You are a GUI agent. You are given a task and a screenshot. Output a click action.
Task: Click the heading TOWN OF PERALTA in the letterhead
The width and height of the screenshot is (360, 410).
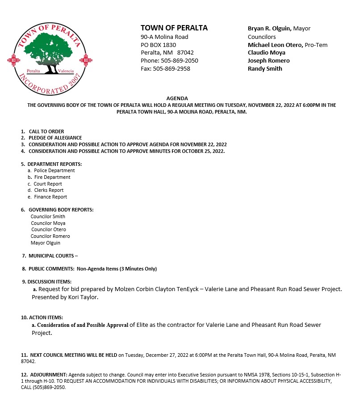click(x=174, y=28)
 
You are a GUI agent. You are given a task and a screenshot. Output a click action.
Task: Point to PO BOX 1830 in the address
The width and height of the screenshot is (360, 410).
click(x=158, y=45)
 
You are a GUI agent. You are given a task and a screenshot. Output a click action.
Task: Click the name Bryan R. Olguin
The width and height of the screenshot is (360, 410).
click(x=269, y=28)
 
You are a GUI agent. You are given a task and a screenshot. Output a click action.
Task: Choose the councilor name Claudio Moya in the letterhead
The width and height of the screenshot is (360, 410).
click(x=266, y=52)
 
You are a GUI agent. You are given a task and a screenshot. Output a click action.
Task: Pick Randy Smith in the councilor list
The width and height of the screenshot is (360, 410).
click(x=265, y=68)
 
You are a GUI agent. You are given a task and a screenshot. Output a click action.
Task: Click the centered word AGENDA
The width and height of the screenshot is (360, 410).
click(x=177, y=98)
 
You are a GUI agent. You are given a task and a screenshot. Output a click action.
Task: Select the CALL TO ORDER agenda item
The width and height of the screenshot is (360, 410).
click(x=46, y=131)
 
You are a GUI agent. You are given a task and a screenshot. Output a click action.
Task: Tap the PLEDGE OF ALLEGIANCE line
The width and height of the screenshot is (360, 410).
click(x=55, y=138)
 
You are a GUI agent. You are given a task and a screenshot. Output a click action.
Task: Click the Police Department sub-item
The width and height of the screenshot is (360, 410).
click(x=54, y=170)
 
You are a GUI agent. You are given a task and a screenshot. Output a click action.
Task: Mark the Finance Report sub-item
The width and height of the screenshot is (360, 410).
click(x=50, y=197)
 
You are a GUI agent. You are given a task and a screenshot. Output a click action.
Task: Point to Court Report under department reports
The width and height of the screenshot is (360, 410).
click(x=48, y=184)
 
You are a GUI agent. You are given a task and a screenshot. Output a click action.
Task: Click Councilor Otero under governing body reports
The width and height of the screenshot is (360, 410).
click(x=49, y=229)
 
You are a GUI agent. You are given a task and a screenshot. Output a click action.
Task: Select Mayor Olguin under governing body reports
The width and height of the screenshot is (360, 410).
click(x=46, y=243)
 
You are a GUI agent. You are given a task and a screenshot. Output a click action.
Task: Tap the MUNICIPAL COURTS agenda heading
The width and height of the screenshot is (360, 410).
click(x=52, y=256)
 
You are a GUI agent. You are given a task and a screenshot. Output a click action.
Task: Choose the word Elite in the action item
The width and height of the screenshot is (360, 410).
click(x=138, y=325)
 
